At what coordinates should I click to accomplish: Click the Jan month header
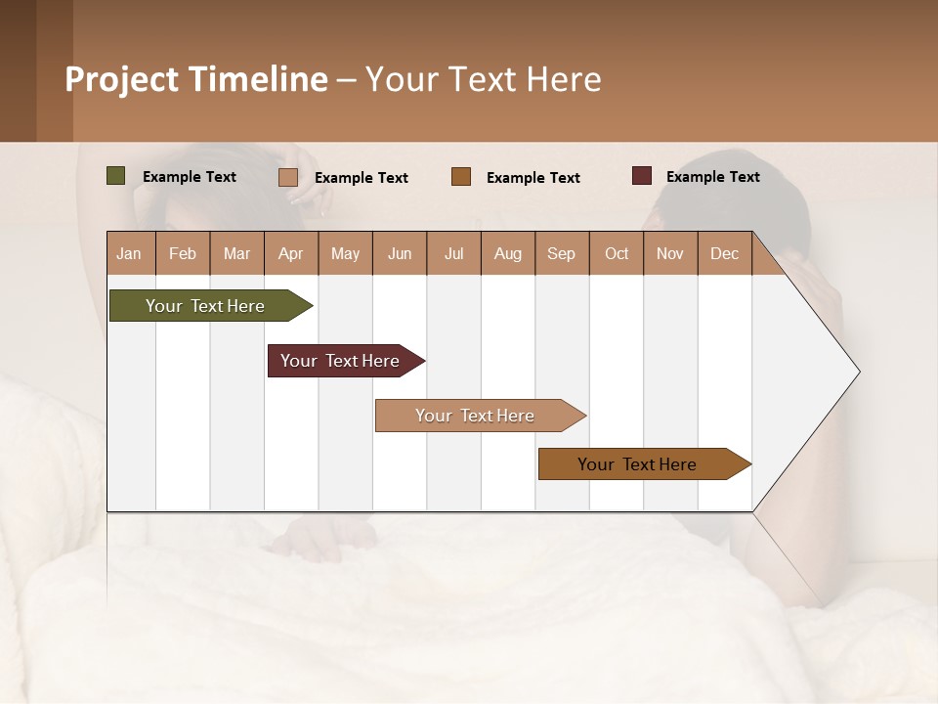[129, 253]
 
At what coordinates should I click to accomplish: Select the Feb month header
[183, 253]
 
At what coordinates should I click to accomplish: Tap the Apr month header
[290, 253]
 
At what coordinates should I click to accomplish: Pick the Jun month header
[400, 253]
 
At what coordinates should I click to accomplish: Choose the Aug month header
[507, 253]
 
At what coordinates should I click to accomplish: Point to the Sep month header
[561, 253]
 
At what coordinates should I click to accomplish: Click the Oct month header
[617, 253]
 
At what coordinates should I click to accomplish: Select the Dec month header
[724, 253]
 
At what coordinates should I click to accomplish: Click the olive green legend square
[116, 176]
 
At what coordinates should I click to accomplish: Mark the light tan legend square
[288, 177]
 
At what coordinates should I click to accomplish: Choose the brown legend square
[461, 176]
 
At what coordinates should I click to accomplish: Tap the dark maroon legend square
[642, 176]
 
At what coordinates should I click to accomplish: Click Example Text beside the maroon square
[712, 177]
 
